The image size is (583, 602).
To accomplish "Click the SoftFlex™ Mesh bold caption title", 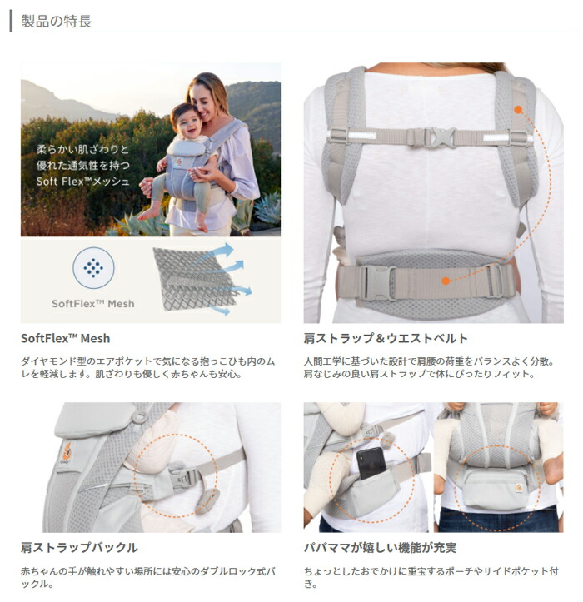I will click(65, 338).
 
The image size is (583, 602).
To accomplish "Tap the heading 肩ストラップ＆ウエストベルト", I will click(386, 338).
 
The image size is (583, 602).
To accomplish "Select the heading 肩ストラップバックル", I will click(79, 547).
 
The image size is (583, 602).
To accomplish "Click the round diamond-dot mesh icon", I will click(93, 268).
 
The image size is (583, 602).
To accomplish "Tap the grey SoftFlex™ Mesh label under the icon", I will click(92, 303).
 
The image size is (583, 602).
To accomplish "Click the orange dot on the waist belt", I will click(446, 281).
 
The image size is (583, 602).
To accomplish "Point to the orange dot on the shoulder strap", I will click(517, 108).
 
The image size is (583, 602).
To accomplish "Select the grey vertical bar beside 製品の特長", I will click(11, 21).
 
